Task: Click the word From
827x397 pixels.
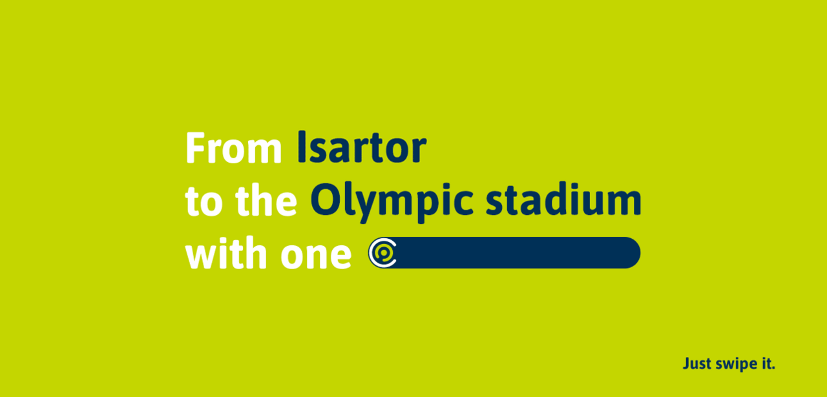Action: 234,148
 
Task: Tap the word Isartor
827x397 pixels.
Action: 362,147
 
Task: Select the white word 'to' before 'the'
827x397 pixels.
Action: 204,201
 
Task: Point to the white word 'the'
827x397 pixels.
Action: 266,200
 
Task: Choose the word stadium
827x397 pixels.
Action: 563,199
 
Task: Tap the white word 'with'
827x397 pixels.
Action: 226,253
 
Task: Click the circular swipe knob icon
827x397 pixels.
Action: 383,253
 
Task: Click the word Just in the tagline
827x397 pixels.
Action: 697,363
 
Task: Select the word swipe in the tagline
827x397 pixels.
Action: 736,365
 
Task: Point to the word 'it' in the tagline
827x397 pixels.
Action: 766,363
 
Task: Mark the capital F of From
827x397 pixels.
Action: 196,148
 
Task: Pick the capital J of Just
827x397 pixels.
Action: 687,363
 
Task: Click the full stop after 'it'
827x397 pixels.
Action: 773,368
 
